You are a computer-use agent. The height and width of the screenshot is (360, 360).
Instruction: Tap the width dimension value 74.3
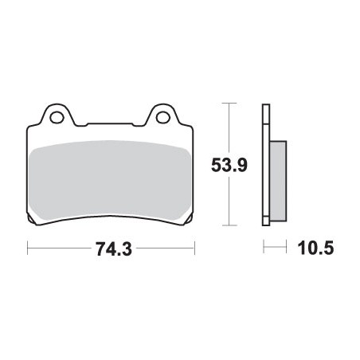pyautogui.click(x=112, y=248)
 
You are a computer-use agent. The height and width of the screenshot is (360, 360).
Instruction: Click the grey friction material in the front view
pyautogui.click(x=110, y=179)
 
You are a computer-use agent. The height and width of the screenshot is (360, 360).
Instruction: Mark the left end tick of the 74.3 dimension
pyautogui.click(x=29, y=248)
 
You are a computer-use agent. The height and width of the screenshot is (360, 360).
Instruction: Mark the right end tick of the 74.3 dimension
pyautogui.click(x=194, y=248)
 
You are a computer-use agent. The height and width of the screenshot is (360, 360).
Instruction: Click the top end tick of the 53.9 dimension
pyautogui.click(x=229, y=104)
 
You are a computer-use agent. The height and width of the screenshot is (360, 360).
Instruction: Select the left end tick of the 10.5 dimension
pyautogui.click(x=263, y=248)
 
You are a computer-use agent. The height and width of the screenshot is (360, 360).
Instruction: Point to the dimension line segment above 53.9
pyautogui.click(x=229, y=127)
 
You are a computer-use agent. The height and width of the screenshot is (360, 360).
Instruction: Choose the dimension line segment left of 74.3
pyautogui.click(x=60, y=248)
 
